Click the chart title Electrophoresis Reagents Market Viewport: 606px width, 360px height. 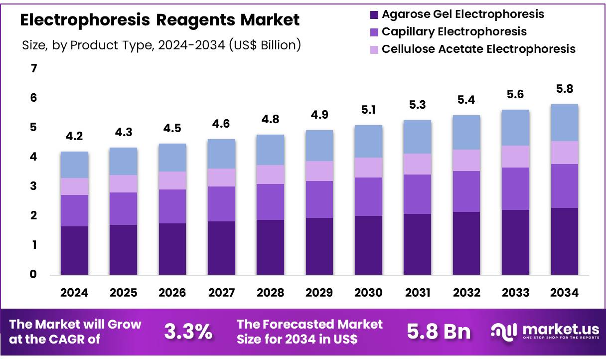(160, 20)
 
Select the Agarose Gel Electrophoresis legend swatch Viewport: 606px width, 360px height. (374, 14)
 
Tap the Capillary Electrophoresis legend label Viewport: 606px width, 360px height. (454, 31)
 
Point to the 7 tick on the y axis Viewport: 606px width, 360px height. (34, 68)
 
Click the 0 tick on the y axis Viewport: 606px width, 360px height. (34, 274)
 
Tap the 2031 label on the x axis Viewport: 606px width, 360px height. (417, 293)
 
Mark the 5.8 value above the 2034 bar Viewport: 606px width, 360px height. (565, 89)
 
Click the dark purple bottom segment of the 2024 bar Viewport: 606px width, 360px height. (74, 250)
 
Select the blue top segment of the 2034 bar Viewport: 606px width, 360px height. (565, 123)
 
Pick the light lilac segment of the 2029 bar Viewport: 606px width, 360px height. (319, 171)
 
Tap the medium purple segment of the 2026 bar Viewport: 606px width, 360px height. (172, 206)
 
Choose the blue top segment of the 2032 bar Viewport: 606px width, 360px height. (466, 133)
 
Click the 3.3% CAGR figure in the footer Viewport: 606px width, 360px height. (188, 332)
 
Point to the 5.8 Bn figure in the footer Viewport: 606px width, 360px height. (439, 332)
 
